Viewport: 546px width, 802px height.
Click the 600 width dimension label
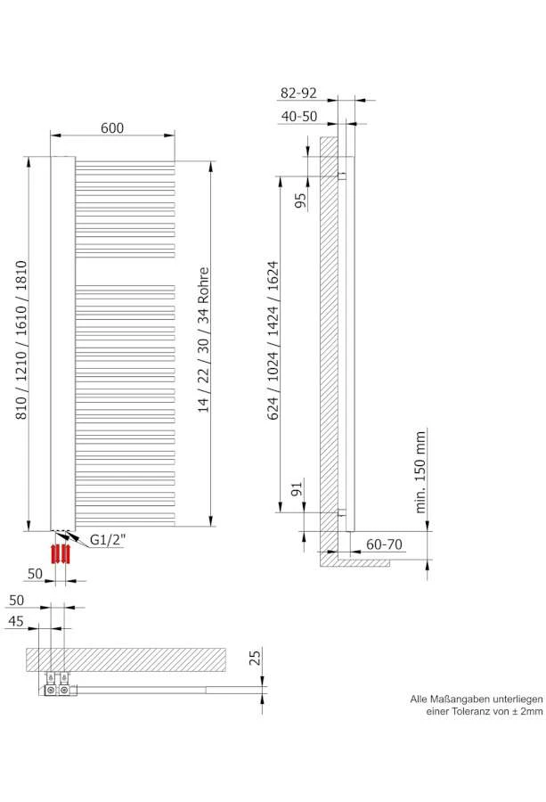(111, 128)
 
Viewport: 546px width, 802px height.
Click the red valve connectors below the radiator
(60, 552)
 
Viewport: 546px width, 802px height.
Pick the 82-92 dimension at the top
(298, 94)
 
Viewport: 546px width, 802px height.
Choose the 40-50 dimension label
(299, 116)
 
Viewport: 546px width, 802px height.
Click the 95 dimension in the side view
(300, 198)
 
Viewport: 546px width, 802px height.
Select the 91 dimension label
(297, 488)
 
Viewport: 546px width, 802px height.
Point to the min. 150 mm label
(421, 471)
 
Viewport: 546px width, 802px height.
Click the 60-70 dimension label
(384, 544)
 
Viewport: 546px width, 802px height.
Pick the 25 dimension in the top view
(254, 659)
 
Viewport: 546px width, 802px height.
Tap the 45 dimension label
(16, 622)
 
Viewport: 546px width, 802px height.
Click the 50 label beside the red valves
(35, 573)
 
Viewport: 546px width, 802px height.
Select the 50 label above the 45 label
(16, 601)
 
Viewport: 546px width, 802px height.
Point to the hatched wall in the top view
(125, 659)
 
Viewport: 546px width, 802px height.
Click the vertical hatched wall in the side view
(328, 339)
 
